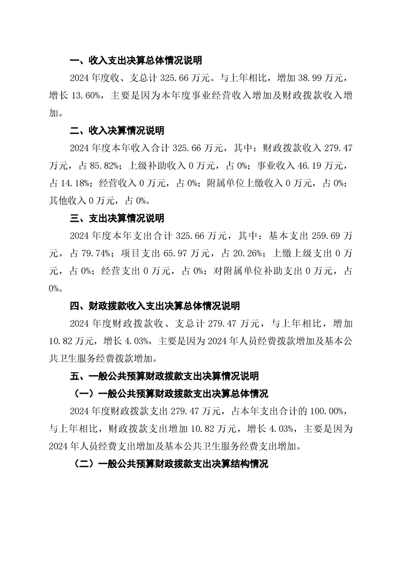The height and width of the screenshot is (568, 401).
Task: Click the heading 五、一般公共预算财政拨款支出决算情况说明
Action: click(164, 376)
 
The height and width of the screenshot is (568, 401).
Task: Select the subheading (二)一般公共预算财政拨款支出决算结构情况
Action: click(171, 464)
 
